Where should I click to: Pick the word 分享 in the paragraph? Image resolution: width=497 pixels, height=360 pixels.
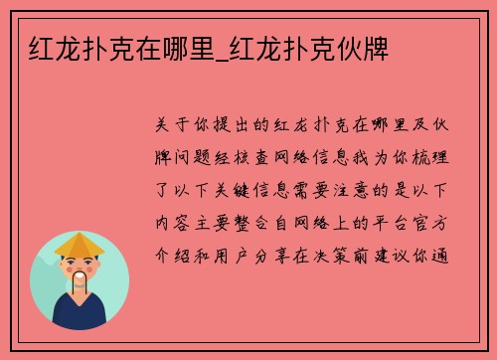281,256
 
